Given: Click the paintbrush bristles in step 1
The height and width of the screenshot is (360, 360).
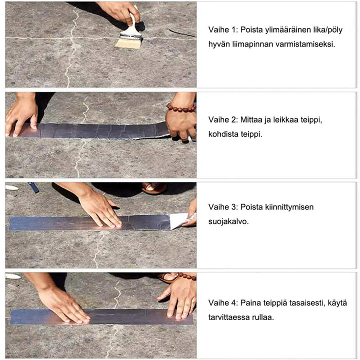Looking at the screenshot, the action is pos(128,43).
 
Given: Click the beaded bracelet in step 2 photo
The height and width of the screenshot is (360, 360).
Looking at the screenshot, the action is pos(181,107).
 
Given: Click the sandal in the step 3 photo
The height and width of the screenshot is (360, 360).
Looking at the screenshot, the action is pos(154,187).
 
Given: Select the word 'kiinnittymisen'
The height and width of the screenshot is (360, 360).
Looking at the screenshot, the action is pos(289,207).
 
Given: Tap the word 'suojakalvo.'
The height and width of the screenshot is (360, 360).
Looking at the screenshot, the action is pos(228,222).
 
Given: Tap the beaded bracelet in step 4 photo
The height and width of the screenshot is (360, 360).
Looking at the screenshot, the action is pos(187,276).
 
